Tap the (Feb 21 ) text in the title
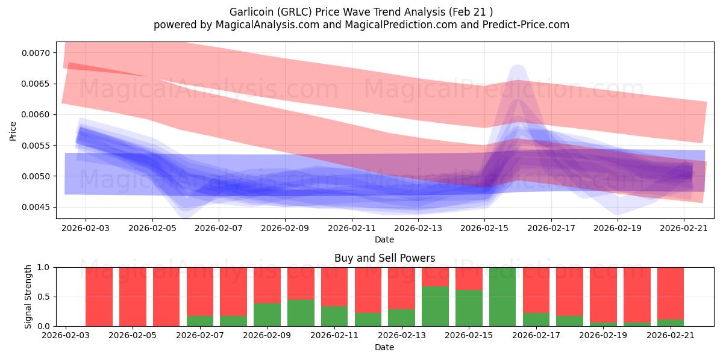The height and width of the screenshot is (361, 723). [x=471, y=12]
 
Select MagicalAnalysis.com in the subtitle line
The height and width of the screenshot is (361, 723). [x=268, y=25]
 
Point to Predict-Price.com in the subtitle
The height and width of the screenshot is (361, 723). [x=526, y=25]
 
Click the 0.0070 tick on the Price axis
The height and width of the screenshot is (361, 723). [x=36, y=53]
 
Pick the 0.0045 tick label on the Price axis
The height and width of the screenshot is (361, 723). [x=36, y=207]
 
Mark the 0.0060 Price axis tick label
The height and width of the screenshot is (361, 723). [x=36, y=114]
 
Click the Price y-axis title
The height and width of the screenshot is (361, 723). [x=13, y=131]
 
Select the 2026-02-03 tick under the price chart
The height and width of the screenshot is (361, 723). [x=86, y=228]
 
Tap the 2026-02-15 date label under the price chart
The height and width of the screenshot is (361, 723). [x=484, y=228]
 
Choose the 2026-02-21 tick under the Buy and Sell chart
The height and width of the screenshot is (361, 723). [x=671, y=335]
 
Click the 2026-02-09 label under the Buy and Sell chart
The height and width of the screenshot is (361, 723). [x=267, y=335]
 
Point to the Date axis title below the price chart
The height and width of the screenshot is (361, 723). [x=384, y=239]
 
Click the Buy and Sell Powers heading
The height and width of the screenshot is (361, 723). [x=385, y=258]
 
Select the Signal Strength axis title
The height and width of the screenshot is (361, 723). [x=28, y=297]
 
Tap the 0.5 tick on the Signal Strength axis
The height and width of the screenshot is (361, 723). [x=43, y=297]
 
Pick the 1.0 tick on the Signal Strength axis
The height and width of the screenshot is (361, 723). [x=43, y=267]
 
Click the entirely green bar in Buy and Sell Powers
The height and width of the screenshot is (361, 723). [x=502, y=297]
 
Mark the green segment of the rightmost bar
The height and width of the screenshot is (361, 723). [x=671, y=322]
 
